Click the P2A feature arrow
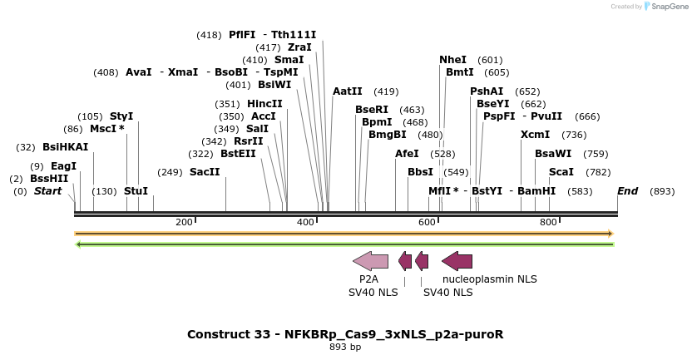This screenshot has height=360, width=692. [x=371, y=261]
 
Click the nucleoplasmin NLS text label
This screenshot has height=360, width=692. [x=489, y=279]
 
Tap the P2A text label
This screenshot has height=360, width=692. [x=368, y=279]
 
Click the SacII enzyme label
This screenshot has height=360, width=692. [x=205, y=172]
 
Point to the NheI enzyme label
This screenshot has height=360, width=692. [x=452, y=60]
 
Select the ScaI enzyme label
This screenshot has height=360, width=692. [x=561, y=172]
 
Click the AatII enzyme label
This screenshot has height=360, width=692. [x=348, y=91]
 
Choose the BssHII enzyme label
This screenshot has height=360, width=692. [x=49, y=179]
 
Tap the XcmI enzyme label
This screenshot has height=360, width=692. [x=535, y=135]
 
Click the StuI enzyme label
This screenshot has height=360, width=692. [x=136, y=191]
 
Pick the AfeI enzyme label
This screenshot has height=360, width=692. [x=407, y=154]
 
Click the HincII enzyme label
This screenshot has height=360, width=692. [x=264, y=104]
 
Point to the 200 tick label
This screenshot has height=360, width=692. [x=184, y=222]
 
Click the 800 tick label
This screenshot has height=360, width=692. [x=548, y=222]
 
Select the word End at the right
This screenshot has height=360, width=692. [x=627, y=191]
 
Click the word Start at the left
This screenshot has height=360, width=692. [x=47, y=191]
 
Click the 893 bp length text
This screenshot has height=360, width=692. [x=345, y=347]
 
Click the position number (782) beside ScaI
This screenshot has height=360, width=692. [x=597, y=172]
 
